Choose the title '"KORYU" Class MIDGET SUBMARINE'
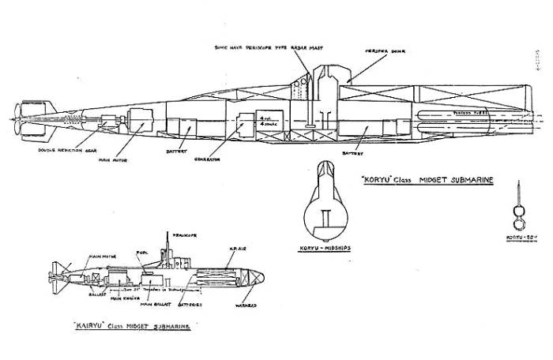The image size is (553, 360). click(428, 180)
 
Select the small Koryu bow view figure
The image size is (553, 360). click(517, 213)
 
